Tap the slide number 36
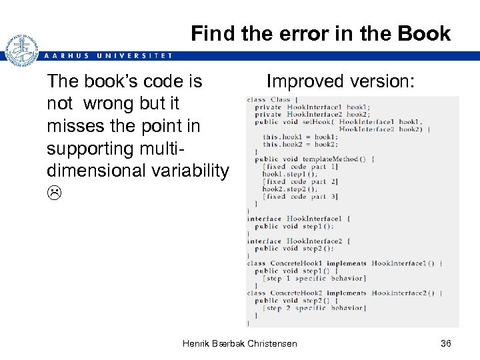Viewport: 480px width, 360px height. point(446,343)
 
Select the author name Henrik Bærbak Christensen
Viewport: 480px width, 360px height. point(240,343)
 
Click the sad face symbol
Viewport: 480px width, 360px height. point(54,194)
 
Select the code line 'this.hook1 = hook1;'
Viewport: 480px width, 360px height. point(300,137)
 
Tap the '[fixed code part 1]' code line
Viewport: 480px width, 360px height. point(301,167)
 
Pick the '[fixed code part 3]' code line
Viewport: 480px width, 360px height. point(301,196)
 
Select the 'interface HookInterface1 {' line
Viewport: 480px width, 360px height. point(299,219)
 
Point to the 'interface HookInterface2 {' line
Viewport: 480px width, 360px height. point(299,241)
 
